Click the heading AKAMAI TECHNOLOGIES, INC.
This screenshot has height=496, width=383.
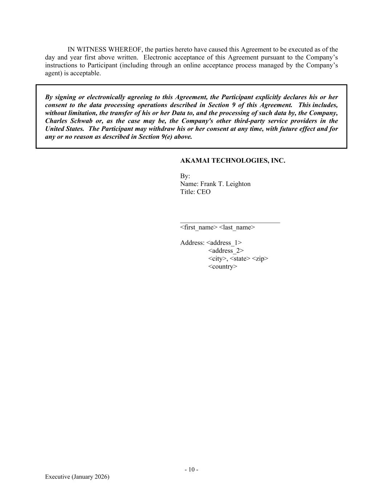coord(232,161)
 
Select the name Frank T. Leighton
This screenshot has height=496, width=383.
coord(225,184)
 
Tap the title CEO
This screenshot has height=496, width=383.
coord(204,192)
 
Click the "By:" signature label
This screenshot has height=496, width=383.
coord(185,176)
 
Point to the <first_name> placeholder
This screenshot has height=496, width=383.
coord(199,227)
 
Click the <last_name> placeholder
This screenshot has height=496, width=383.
coord(237,227)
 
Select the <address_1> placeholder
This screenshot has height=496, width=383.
coord(224,243)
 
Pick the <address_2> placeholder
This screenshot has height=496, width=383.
coord(226,251)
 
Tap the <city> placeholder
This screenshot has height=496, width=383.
coord(217,259)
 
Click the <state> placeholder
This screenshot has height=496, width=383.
coord(240,259)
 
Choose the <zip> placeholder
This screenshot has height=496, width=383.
coord(260,259)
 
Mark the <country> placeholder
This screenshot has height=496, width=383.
coord(223,267)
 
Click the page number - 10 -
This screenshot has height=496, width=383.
coord(191,469)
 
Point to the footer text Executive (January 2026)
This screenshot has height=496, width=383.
coord(77,477)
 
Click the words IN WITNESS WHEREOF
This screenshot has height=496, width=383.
coord(105,49)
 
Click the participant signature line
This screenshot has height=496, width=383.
coord(230,222)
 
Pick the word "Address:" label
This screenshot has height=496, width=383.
coord(192,243)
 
